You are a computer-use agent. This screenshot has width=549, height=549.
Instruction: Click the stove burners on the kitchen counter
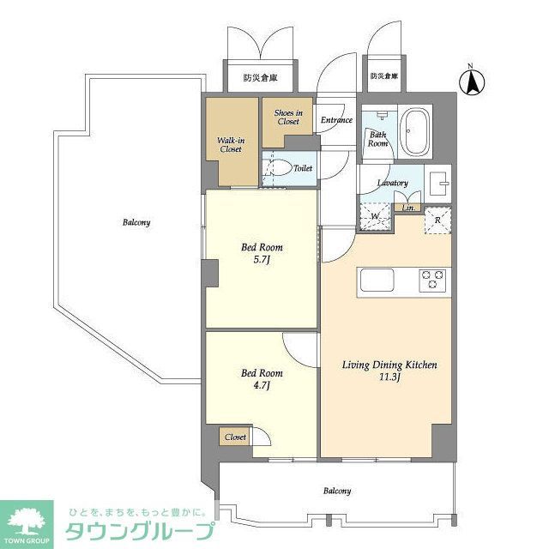[432, 280]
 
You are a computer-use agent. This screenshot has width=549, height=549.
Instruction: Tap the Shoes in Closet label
[288, 117]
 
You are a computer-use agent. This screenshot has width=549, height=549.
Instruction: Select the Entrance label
[336, 120]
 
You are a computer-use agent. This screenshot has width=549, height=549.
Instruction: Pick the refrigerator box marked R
[438, 219]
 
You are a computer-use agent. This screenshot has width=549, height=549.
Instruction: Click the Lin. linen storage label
[409, 208]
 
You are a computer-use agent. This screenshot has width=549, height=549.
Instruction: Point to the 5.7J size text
[262, 259]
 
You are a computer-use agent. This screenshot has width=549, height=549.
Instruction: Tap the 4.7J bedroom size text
[261, 384]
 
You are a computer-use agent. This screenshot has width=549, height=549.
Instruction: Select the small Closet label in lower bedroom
[235, 437]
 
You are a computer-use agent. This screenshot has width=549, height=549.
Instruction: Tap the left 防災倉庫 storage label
[260, 78]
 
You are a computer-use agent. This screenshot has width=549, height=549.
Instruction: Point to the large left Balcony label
[136, 222]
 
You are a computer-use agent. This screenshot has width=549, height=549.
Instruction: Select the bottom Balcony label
[336, 491]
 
